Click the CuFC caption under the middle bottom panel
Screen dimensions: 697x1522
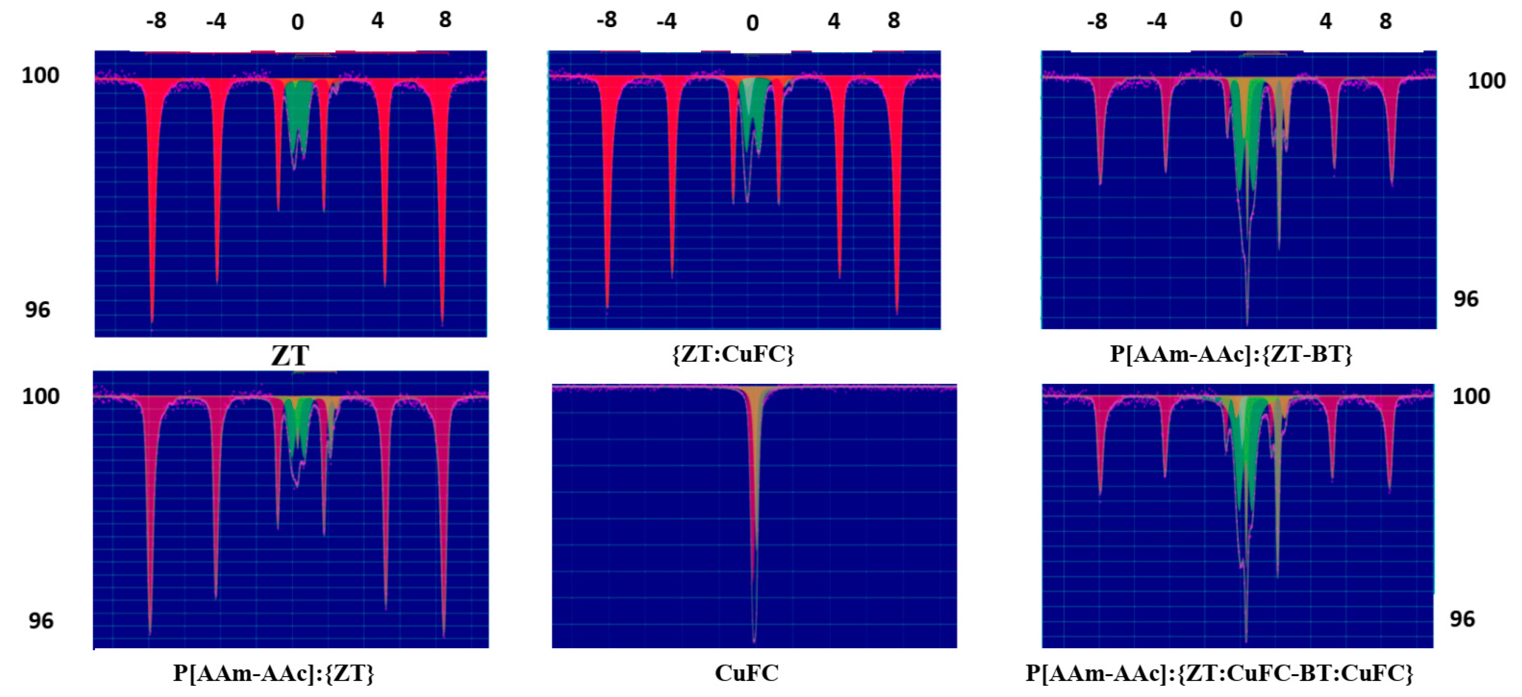pos(746,673)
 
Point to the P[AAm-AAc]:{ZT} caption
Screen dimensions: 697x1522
pos(274,673)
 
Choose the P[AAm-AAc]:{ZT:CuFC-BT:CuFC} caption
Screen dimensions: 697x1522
pos(1220,673)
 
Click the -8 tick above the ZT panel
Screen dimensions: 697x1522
pos(157,21)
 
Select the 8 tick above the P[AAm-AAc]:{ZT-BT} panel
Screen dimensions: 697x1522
pos(1386,22)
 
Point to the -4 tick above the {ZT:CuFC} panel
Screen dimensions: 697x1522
pos(666,22)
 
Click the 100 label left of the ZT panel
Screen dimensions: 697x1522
pos(40,76)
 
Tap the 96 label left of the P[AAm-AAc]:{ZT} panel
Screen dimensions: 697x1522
pos(41,621)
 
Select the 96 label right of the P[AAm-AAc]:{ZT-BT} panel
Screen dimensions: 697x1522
pos(1466,299)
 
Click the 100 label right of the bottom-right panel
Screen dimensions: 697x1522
pos(1471,396)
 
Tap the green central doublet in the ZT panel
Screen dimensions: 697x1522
pos(298,118)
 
